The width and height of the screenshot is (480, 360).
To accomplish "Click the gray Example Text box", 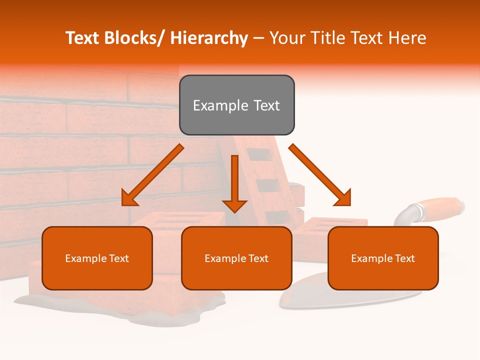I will pyautogui.click(x=236, y=105).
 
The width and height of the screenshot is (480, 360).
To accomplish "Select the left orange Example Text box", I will pyautogui.click(x=97, y=258).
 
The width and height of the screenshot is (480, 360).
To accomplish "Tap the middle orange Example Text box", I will pyautogui.click(x=236, y=258).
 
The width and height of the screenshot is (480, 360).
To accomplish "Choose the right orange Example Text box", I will pyautogui.click(x=383, y=258).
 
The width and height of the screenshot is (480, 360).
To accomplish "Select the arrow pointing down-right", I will pyautogui.click(x=320, y=175).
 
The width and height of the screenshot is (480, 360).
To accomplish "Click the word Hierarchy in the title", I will pyautogui.click(x=209, y=38).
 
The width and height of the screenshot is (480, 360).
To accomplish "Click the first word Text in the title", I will pyautogui.click(x=82, y=38).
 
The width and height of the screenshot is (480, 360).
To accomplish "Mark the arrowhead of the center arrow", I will pyautogui.click(x=234, y=206).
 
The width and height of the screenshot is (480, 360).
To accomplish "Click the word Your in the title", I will pyautogui.click(x=287, y=38).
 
